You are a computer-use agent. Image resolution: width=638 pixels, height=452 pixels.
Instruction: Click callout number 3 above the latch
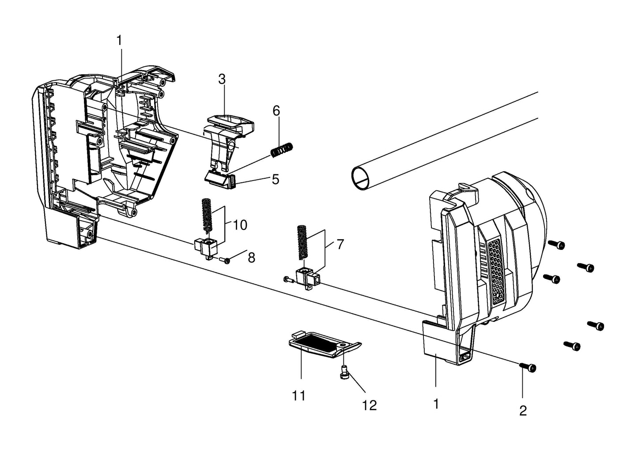click(222, 79)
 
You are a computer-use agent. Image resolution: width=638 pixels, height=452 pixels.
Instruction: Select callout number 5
click(276, 180)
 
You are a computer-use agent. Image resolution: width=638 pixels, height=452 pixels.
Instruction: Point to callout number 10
click(240, 225)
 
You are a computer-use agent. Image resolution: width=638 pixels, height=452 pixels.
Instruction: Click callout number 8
click(252, 258)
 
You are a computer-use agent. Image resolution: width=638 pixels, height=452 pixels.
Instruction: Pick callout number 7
click(340, 245)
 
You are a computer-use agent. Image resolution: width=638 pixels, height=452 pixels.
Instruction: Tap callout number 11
click(299, 395)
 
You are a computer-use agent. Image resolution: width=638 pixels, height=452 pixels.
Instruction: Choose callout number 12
click(370, 406)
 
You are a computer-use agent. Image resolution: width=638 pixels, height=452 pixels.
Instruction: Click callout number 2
click(523, 411)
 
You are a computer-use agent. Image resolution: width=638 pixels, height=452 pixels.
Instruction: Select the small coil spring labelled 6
click(282, 150)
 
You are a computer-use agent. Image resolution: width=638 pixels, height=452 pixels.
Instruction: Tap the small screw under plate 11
click(344, 373)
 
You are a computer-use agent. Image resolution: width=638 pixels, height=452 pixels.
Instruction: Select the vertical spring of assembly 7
click(302, 242)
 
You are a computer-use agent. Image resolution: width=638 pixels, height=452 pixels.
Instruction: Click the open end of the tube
click(361, 179)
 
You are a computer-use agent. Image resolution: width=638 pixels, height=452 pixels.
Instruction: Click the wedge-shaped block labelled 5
click(221, 180)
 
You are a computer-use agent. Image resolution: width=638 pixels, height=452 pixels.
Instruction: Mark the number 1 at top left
click(119, 41)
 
